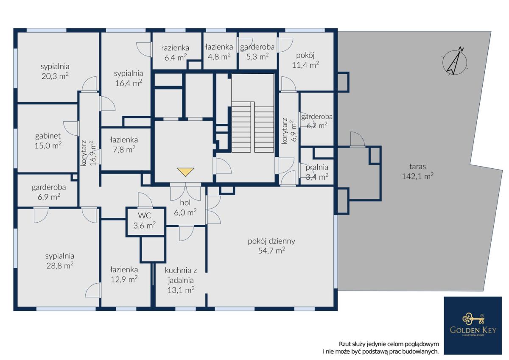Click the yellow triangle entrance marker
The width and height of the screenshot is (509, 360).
click(x=185, y=172)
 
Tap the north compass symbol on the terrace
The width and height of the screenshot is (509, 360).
click(x=454, y=62)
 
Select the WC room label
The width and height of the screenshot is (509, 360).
click(x=145, y=215)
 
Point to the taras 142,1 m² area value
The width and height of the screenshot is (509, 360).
click(x=418, y=176)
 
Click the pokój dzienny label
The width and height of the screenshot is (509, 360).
click(x=271, y=241)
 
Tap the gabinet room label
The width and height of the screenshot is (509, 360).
click(x=48, y=136)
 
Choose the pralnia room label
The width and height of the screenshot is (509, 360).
click(x=317, y=167)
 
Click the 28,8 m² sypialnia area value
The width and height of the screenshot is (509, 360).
click(x=60, y=265)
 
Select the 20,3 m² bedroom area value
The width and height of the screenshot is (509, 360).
click(x=55, y=76)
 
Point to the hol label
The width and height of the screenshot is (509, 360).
click(x=185, y=203)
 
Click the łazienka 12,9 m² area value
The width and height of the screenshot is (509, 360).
click(x=124, y=279)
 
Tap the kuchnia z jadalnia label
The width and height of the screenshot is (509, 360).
click(x=181, y=275)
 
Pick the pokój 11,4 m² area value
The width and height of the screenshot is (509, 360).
click(x=305, y=65)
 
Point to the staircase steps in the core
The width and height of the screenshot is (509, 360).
click(x=253, y=127)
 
